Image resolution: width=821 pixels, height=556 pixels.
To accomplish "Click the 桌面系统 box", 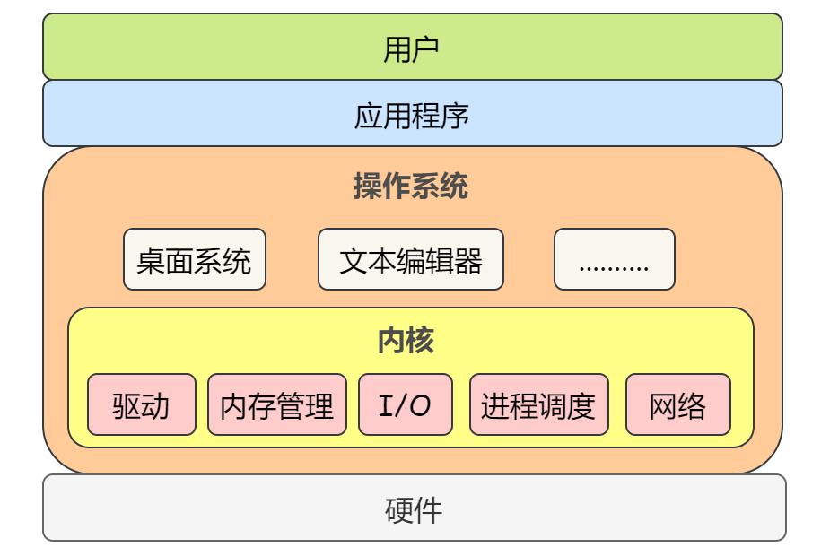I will [195, 260].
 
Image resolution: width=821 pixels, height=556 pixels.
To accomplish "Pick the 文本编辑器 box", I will [411, 260].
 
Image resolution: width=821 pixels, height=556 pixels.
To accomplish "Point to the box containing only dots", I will [614, 260].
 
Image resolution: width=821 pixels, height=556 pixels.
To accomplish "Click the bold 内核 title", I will [411, 341].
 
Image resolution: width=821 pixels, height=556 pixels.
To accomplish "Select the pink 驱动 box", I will [142, 405].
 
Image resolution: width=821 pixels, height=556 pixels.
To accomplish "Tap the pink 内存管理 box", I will [277, 405].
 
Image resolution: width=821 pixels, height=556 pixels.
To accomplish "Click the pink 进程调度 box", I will [538, 405].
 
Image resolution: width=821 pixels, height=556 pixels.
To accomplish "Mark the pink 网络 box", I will [677, 405].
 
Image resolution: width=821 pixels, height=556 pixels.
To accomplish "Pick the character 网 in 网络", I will [663, 406].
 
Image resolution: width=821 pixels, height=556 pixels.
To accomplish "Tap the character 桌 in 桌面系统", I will [150, 261].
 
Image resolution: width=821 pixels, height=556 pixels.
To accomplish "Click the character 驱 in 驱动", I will [127, 406].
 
